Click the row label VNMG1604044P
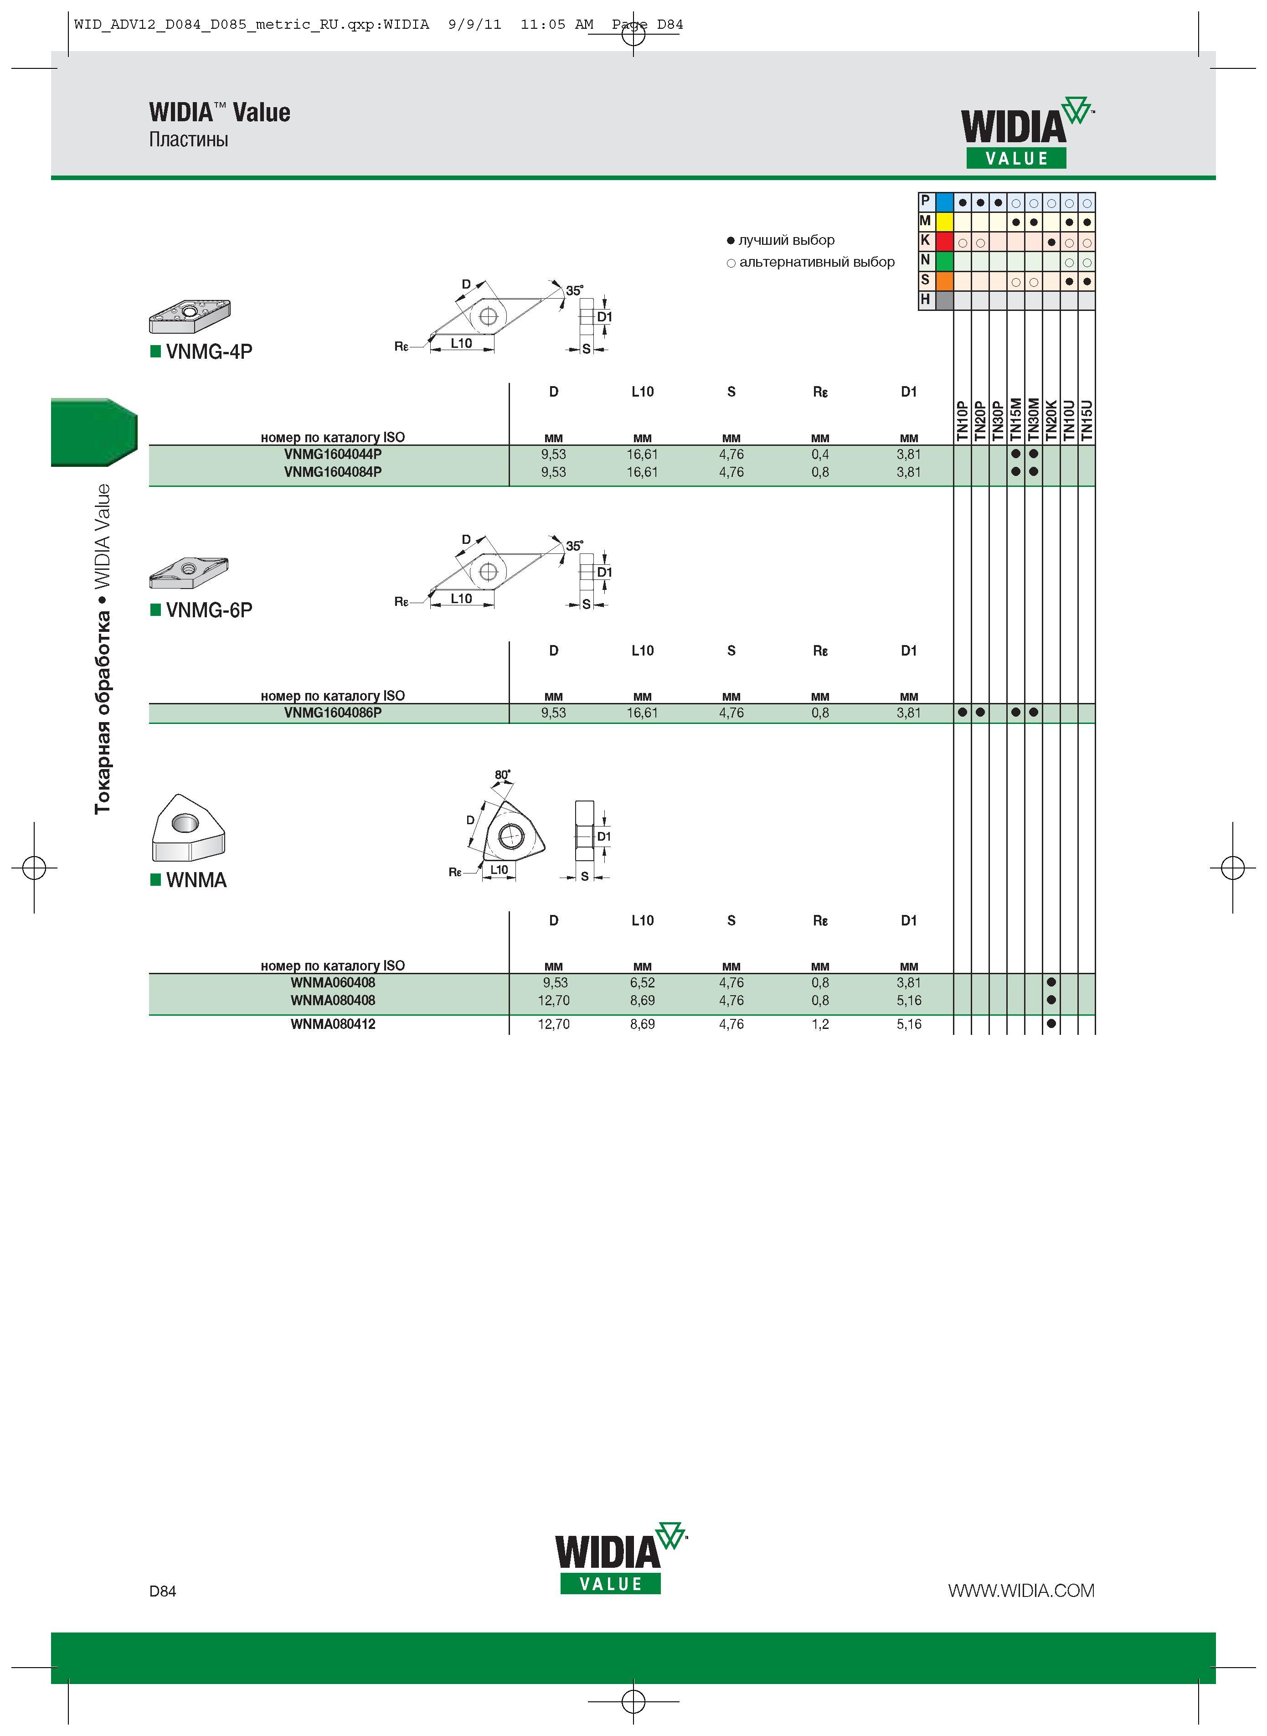[332, 454]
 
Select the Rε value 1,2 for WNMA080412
[820, 1024]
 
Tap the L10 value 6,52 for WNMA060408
[642, 983]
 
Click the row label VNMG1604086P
[332, 713]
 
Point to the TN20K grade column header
[1051, 420]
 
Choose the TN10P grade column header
[962, 420]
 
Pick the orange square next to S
[944, 281]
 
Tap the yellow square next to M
[944, 222]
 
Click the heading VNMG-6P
[209, 610]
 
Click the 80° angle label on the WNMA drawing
[502, 775]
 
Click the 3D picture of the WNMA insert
[188, 828]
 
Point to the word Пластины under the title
[189, 139]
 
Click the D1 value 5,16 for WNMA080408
[909, 1000]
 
